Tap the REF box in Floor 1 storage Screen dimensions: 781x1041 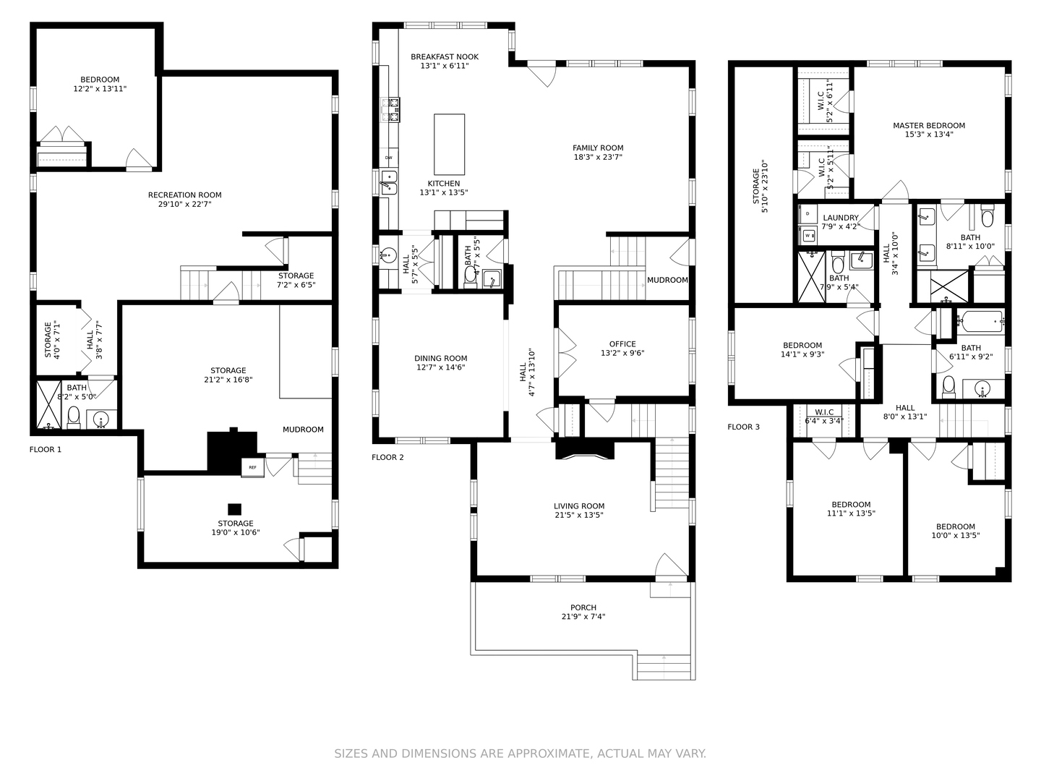pos(252,467)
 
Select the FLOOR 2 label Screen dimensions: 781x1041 pos(387,457)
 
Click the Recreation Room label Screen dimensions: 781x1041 pos(184,195)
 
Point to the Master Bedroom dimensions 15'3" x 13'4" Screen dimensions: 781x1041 pos(928,134)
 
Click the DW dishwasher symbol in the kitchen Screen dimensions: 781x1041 pos(388,158)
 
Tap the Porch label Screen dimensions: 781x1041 pos(583,607)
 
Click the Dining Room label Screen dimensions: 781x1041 pos(440,358)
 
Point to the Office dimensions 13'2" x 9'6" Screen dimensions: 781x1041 pos(622,354)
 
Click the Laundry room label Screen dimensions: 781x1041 pos(840,218)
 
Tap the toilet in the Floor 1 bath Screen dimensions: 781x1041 pos(73,417)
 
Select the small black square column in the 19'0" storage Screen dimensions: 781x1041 pos(234,509)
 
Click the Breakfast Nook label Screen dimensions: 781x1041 pos(444,56)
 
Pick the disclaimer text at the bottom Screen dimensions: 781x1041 pos(520,754)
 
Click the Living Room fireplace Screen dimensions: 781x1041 pos(585,450)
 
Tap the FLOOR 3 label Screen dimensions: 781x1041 pos(743,427)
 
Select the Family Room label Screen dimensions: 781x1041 pos(597,148)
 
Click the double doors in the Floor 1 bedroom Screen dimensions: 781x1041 pos(61,135)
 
